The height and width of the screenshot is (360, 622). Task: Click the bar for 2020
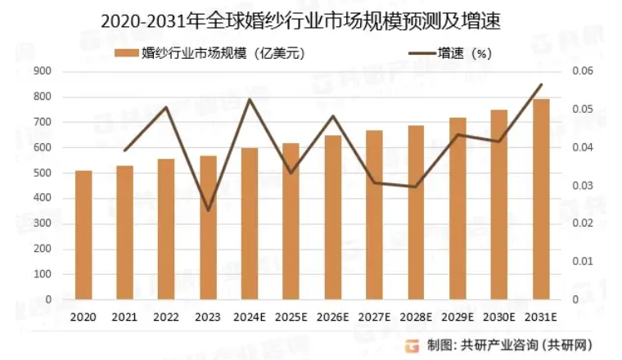[83, 235]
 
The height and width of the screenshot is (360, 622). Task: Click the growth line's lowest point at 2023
[208, 210]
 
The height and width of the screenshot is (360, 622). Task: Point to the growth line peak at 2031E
[540, 84]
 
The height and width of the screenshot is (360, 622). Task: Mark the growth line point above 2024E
[250, 100]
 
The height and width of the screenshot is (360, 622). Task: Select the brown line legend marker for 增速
[424, 54]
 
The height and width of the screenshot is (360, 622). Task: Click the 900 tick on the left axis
[43, 71]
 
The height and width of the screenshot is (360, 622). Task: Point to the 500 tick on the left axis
[43, 173]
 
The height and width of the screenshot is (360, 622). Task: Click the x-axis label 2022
[166, 317]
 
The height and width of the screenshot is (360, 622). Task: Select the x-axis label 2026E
[332, 317]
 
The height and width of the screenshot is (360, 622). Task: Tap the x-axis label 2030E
[498, 317]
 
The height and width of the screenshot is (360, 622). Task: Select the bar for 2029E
[457, 208]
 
